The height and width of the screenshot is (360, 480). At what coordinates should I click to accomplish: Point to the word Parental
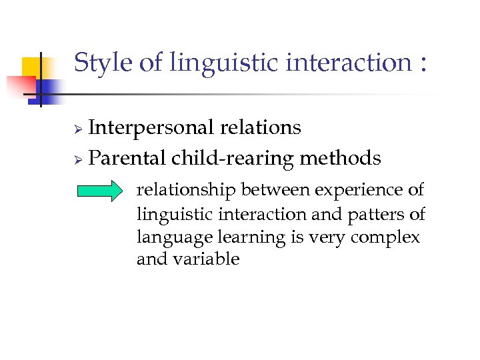point(127,158)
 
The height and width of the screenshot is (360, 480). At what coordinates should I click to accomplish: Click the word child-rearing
point(233,159)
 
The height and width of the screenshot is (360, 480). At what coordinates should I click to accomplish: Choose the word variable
point(207,259)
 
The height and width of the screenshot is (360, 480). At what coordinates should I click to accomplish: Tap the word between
point(275,191)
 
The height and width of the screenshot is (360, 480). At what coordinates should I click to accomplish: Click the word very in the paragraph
point(327,238)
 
